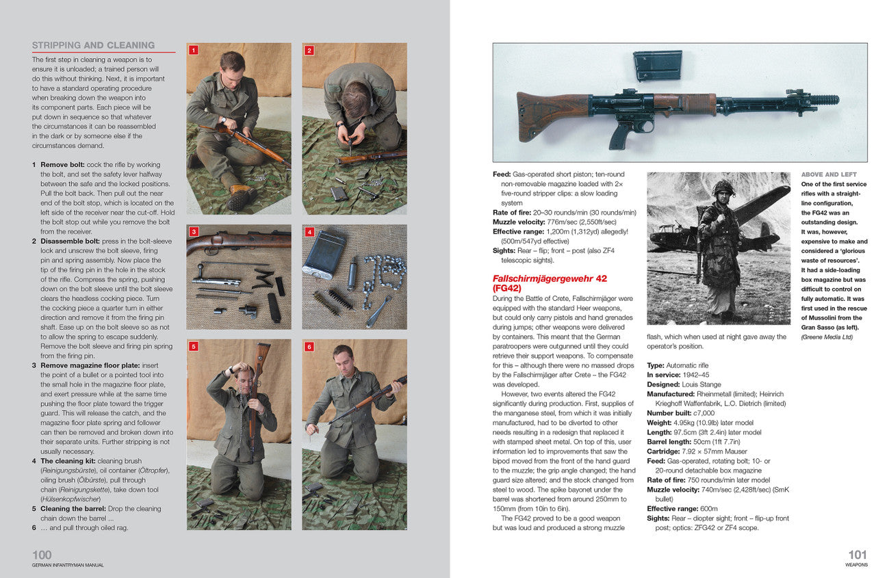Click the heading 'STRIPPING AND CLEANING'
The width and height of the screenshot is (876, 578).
(93, 45)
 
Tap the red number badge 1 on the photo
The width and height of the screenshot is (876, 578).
(194, 50)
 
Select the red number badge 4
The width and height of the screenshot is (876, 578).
(309, 232)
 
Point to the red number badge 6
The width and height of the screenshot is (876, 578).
(309, 347)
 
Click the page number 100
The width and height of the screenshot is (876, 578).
(42, 555)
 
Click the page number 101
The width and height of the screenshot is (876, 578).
(858, 555)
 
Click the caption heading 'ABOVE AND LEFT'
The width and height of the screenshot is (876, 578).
(829, 174)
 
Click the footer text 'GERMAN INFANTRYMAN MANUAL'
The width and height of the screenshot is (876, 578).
(68, 565)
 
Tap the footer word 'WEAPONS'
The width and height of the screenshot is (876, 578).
(855, 565)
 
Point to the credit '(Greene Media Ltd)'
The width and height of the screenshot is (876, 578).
(827, 337)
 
